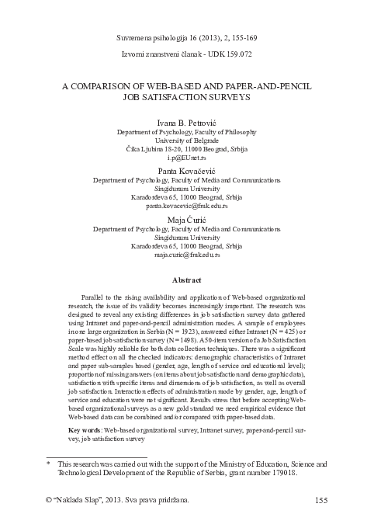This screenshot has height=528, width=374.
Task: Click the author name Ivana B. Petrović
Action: click(x=187, y=122)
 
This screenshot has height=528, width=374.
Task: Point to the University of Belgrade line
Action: click(x=187, y=139)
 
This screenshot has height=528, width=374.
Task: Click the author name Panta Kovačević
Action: click(x=187, y=170)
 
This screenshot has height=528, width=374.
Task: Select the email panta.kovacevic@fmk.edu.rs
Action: click(x=187, y=207)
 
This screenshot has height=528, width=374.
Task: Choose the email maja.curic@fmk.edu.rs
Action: click(x=187, y=255)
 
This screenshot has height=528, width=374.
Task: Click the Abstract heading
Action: click(x=187, y=280)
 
